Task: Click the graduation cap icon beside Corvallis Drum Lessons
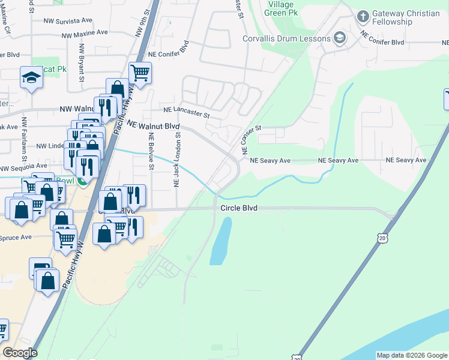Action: [340, 39]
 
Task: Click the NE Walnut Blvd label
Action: [154, 125]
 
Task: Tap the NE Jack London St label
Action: [177, 159]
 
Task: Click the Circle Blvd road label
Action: [239, 208]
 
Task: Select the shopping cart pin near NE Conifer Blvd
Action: [140, 73]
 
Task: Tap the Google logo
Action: [20, 353]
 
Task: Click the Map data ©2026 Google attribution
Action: [411, 355]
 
